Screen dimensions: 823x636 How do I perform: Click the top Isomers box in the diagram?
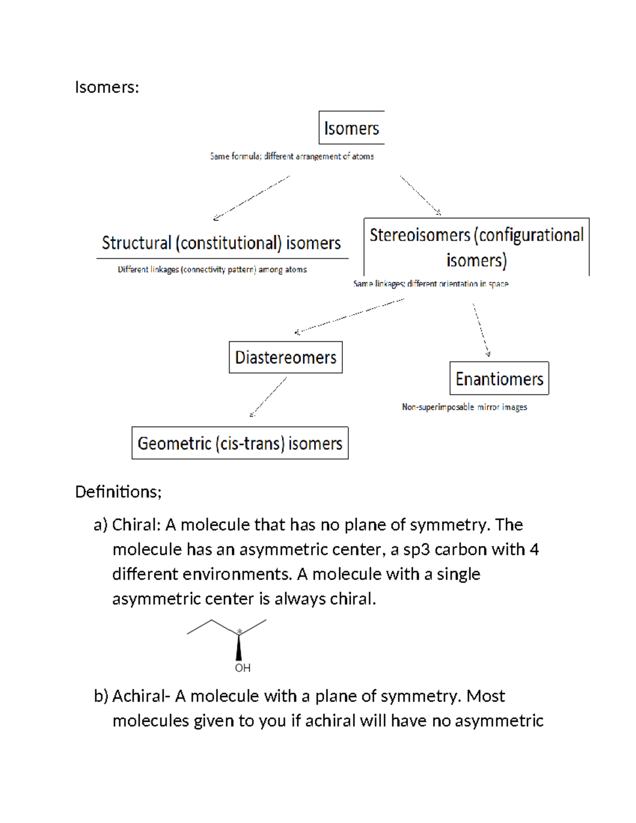click(x=351, y=128)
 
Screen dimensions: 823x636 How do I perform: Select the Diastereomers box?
click(x=286, y=358)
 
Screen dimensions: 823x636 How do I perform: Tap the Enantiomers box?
click(x=499, y=379)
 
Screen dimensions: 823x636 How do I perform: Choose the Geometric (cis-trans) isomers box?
click(x=240, y=443)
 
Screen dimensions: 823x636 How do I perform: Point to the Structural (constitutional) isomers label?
click(x=222, y=243)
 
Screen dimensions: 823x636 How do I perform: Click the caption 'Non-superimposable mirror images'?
click(x=464, y=407)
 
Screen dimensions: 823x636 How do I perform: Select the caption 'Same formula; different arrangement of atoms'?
click(x=292, y=156)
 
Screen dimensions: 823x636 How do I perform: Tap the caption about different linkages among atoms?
click(x=212, y=270)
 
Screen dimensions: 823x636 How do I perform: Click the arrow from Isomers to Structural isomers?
click(x=252, y=198)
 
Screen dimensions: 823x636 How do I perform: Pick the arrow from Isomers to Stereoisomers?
click(x=420, y=195)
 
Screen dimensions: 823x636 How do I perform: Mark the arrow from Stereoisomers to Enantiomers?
click(x=481, y=330)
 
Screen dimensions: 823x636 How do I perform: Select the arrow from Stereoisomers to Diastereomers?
click(x=349, y=316)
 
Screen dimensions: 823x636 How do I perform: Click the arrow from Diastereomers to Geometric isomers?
click(x=268, y=397)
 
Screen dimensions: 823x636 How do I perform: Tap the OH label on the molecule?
click(x=243, y=668)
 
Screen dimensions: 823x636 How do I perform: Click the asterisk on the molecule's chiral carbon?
click(x=240, y=631)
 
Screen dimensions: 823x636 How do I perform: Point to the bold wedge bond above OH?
click(x=239, y=648)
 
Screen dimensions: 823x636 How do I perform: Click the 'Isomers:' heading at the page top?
click(x=107, y=87)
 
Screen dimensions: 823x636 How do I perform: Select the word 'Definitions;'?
click(x=118, y=492)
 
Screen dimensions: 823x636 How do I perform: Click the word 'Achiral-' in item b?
click(x=141, y=696)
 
